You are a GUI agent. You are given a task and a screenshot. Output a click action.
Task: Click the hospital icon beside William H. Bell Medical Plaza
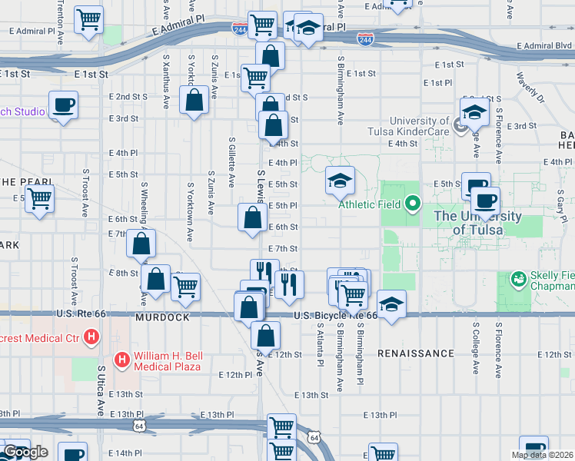click(121, 359)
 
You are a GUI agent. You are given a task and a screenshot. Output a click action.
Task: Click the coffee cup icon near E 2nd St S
click(63, 105)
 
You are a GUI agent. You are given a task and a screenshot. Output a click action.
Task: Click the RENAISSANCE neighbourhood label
click(417, 353)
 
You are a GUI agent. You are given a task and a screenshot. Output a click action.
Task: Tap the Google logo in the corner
click(25, 453)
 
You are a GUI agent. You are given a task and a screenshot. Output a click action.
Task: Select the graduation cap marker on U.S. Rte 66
click(391, 305)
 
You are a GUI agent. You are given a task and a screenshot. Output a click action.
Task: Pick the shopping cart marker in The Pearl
click(39, 199)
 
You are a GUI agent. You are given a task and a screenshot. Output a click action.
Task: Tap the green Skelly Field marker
click(519, 277)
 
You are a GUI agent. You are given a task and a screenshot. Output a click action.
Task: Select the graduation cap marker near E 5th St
click(340, 181)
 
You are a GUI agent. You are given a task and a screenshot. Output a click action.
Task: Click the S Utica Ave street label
click(101, 391)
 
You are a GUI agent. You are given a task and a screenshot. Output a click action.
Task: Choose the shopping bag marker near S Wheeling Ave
click(141, 244)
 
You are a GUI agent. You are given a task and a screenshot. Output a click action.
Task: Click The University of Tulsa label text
click(467, 224)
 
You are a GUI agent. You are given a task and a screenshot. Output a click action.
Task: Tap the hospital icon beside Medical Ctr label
click(91, 336)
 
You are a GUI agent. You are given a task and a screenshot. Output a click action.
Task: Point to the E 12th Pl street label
click(234, 375)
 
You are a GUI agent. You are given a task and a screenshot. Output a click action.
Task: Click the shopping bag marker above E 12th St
click(265, 335)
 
